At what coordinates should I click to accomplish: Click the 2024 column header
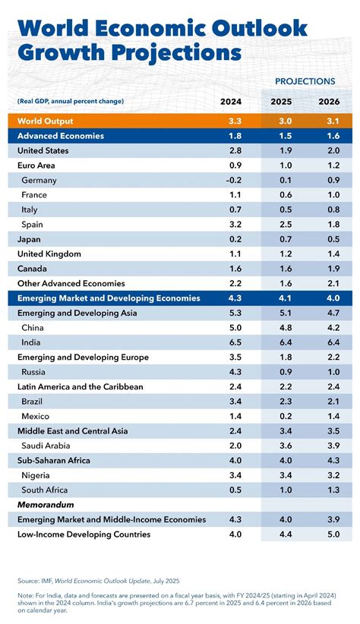(x=232, y=101)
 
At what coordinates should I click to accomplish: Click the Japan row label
(x=30, y=238)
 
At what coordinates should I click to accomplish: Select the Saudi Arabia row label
(x=52, y=445)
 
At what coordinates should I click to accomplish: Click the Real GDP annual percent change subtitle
(x=70, y=101)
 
